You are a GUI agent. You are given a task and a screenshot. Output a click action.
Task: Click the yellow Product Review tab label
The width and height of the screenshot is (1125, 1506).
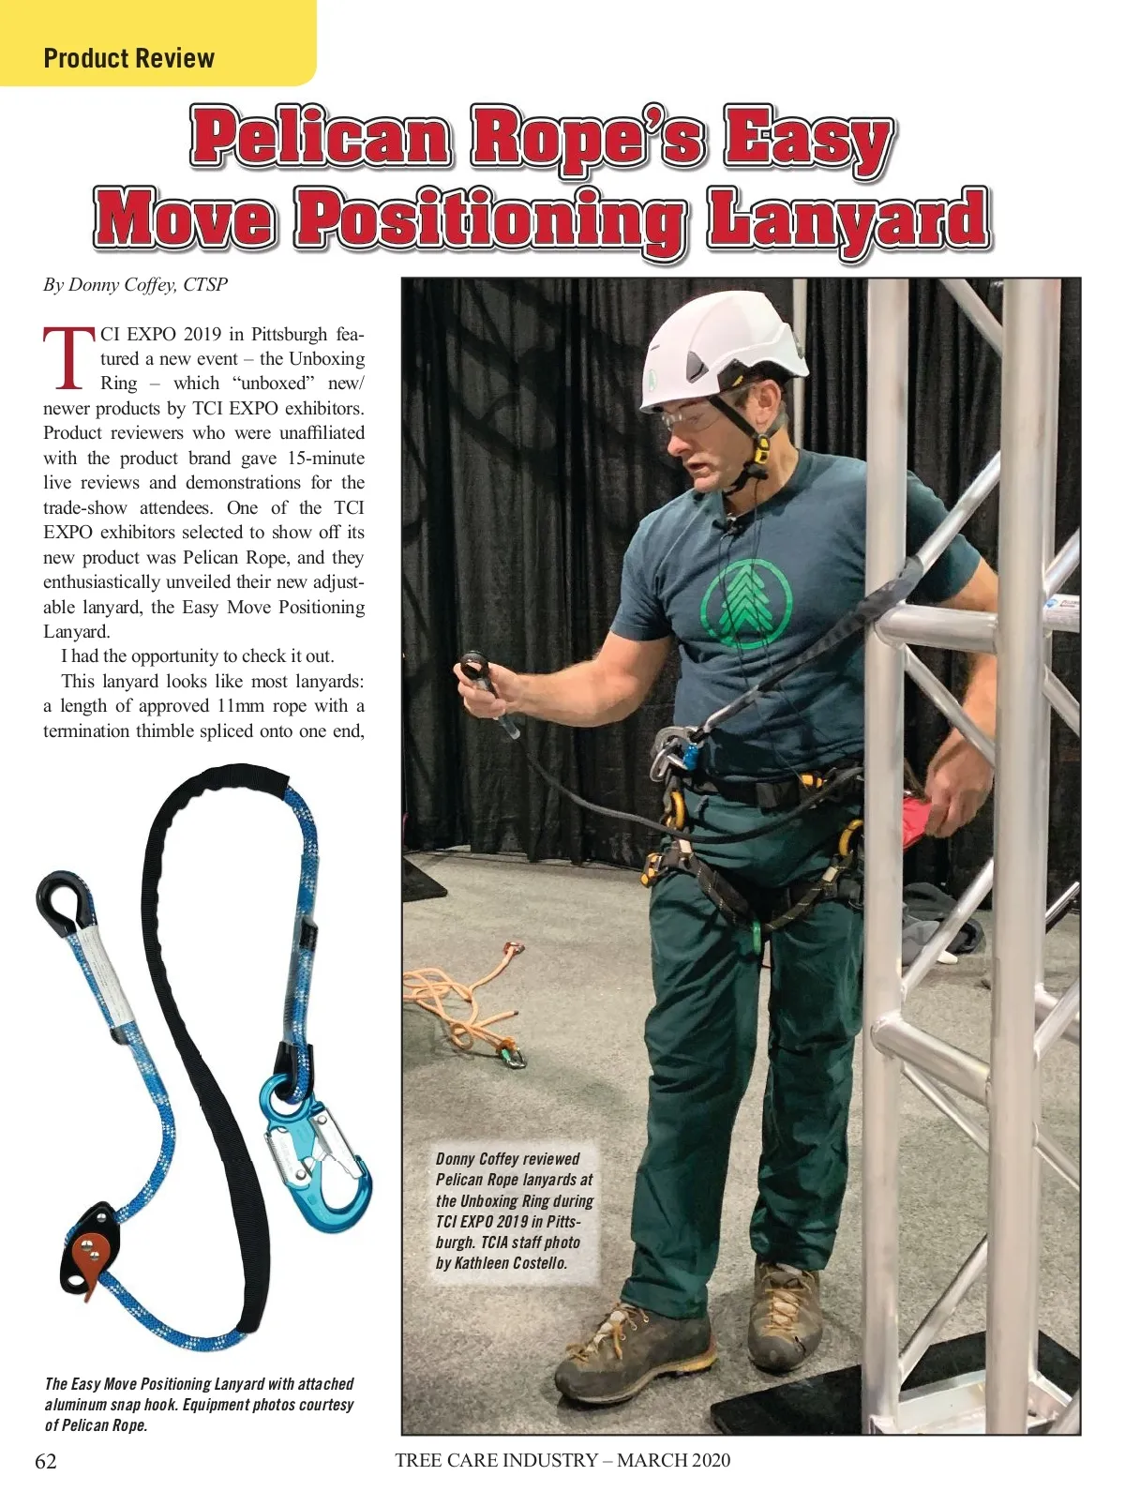pyautogui.click(x=129, y=58)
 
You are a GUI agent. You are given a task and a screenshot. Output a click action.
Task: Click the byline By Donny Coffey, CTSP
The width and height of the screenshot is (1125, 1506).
pyautogui.click(x=135, y=284)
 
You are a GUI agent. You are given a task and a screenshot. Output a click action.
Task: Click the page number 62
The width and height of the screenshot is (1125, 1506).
pyautogui.click(x=46, y=1461)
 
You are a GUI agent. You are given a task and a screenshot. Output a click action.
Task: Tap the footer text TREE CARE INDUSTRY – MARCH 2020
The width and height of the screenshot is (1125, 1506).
pyautogui.click(x=562, y=1460)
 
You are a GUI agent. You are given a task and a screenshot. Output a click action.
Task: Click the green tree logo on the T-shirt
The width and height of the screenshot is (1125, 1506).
pyautogui.click(x=747, y=598)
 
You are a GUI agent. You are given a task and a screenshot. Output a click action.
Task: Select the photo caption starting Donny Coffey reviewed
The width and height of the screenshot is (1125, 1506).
pyautogui.click(x=515, y=1211)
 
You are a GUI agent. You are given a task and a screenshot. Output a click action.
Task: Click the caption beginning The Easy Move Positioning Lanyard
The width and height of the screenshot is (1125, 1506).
pyautogui.click(x=199, y=1404)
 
